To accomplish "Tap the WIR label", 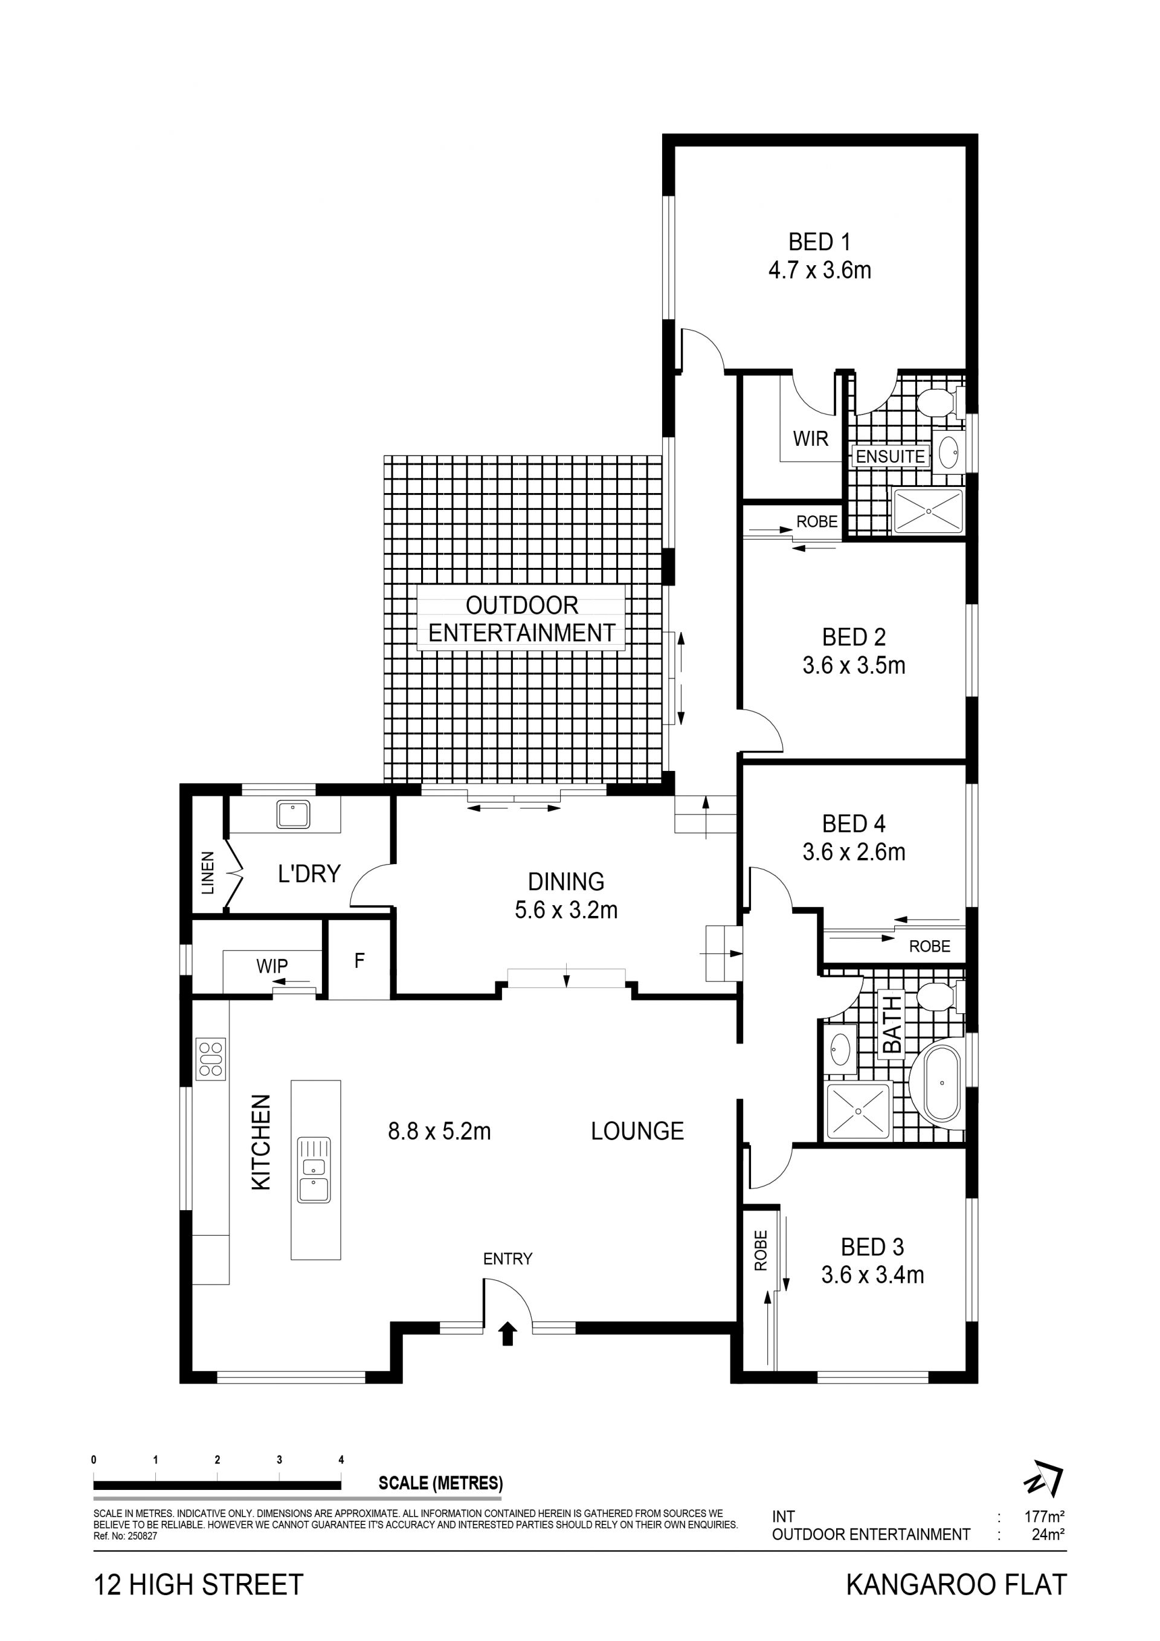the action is (x=811, y=438).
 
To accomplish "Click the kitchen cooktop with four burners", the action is (x=211, y=1059).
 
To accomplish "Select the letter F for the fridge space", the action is (x=359, y=960).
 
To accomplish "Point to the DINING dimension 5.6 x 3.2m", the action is (x=566, y=910).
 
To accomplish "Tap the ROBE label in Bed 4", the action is (x=930, y=946).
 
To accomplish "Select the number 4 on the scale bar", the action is (x=341, y=1460).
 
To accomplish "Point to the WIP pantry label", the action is (x=272, y=966).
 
